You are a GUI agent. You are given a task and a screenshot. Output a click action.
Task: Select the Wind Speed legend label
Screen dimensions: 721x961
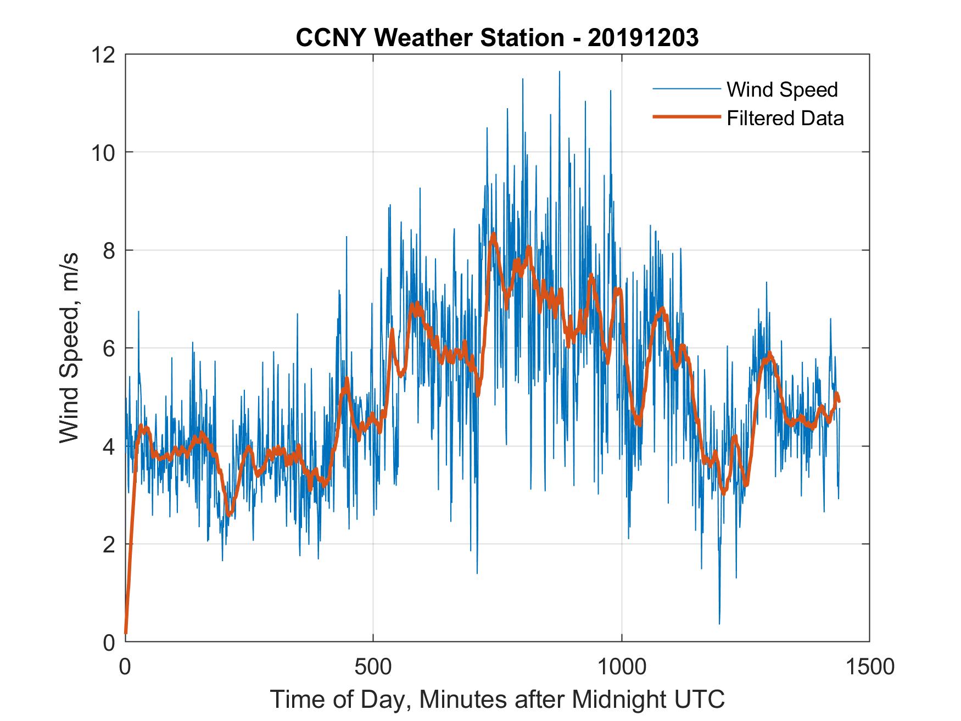(x=782, y=90)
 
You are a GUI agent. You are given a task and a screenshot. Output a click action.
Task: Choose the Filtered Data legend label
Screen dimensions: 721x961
(x=785, y=118)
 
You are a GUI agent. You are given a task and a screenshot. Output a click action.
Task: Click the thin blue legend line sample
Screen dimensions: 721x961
(x=686, y=89)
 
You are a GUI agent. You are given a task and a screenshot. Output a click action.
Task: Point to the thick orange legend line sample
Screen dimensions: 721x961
(x=686, y=117)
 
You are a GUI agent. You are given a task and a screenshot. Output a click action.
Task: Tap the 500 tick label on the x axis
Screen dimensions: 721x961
(x=373, y=667)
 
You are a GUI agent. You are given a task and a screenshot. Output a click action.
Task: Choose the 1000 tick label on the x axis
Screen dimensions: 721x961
(x=622, y=667)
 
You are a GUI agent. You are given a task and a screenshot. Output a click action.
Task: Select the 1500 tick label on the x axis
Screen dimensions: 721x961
(x=869, y=667)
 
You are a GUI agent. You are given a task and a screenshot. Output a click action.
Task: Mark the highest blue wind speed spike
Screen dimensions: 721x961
(x=559, y=72)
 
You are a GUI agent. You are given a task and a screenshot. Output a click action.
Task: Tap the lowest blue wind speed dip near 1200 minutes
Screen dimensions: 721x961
(x=719, y=623)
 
